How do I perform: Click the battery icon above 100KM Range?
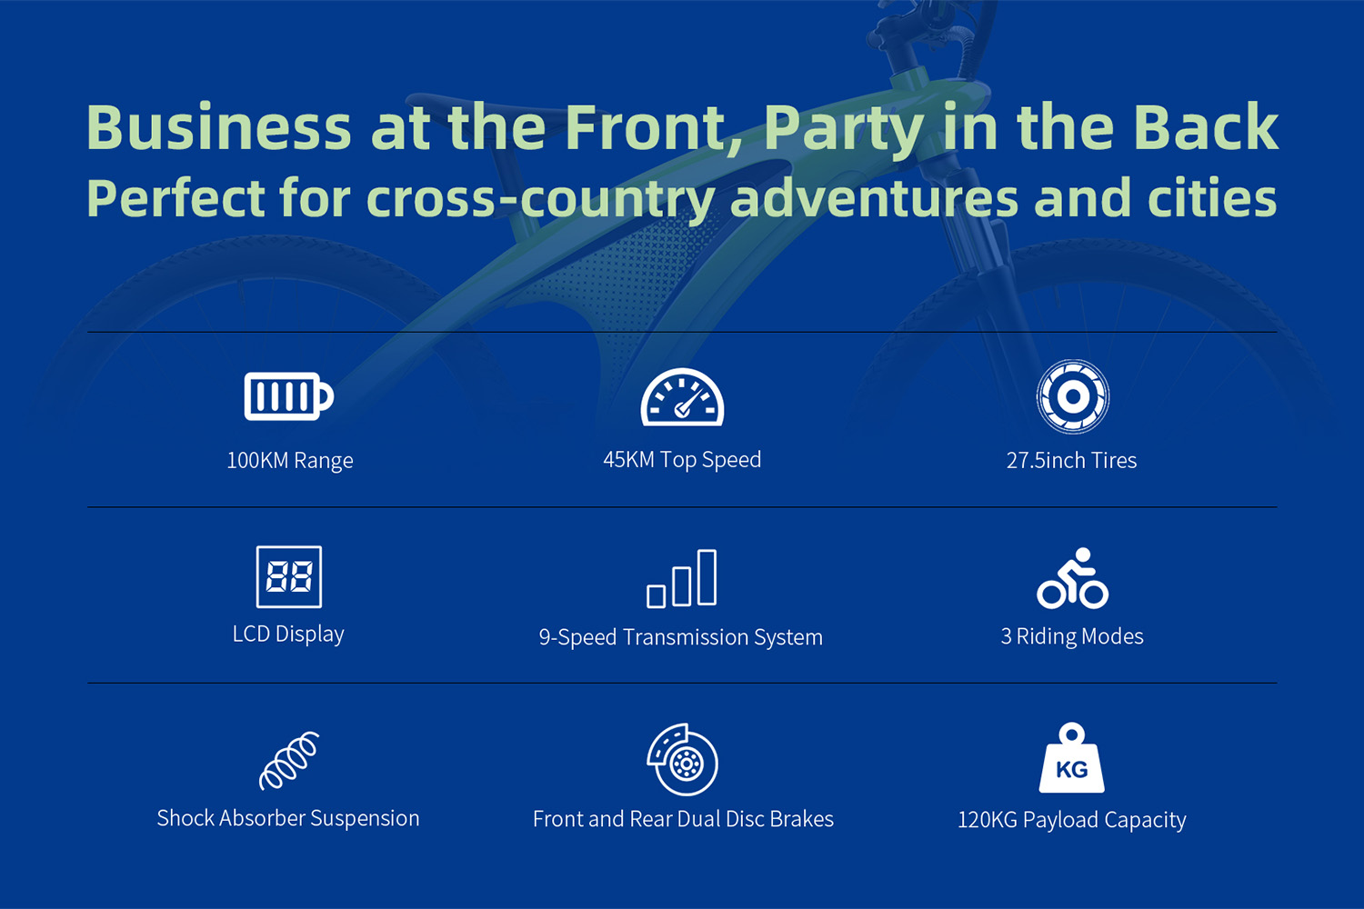tap(288, 396)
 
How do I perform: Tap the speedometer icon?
tap(682, 397)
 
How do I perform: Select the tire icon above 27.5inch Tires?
tap(1073, 396)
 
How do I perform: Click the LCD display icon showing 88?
tap(288, 576)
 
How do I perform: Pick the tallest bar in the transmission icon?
tap(707, 577)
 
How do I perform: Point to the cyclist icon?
tap(1073, 578)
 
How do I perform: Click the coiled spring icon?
tap(288, 761)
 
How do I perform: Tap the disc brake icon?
tap(683, 759)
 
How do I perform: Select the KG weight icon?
tap(1072, 757)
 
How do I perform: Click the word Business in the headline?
tap(219, 127)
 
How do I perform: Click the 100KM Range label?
tap(290, 460)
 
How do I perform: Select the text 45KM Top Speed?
tap(682, 460)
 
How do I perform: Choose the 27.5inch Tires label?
tap(1072, 460)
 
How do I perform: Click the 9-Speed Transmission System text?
tap(681, 637)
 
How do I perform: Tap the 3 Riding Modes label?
tap(1072, 636)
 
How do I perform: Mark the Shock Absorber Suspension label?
tap(288, 818)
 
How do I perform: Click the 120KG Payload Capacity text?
tap(1072, 820)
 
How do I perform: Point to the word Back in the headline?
tap(1206, 126)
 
